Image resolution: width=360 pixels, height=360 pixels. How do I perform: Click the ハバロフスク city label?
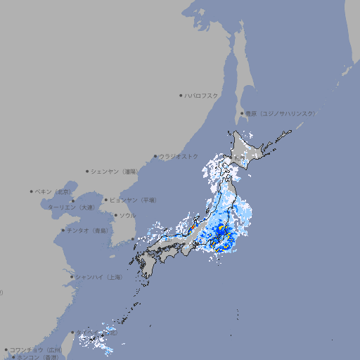202,95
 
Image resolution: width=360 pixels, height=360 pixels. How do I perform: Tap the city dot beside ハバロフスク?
181,95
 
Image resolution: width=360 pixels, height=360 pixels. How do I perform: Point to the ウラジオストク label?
179,156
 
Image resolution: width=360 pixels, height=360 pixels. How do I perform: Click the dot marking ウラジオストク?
155,157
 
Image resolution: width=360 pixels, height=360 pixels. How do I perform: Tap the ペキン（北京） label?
53,191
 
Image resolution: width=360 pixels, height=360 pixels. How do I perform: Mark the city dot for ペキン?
32,191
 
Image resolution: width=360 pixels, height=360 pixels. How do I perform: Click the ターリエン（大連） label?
71,207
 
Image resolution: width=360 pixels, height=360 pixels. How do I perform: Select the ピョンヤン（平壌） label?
134,200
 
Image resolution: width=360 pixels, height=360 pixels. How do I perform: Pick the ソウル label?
127,215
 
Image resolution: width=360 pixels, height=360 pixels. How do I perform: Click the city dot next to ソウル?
115,216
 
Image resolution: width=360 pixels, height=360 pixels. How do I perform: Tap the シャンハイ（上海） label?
98,277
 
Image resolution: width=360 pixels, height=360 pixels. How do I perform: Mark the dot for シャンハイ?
72,277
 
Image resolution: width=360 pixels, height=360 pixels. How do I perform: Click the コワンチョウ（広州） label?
36,349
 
